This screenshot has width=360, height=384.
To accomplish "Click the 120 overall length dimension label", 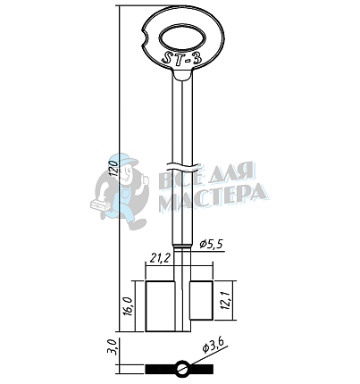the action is (x=113, y=168).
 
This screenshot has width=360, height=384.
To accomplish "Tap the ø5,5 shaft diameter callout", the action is (x=212, y=245).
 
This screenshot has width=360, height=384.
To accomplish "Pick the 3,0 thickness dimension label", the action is (x=112, y=346).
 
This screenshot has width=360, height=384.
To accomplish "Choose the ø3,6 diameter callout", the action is (x=213, y=346).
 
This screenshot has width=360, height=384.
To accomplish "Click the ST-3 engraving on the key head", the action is (x=182, y=57).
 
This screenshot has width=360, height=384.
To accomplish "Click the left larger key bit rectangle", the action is (x=160, y=306).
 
